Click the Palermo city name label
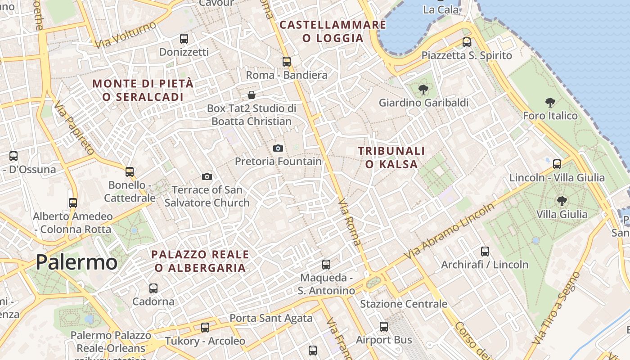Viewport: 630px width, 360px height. [x=76, y=262]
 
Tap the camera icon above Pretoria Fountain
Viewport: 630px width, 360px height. [x=278, y=148]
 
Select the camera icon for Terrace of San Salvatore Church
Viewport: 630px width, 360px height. [x=207, y=176]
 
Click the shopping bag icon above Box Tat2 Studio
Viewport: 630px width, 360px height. [x=252, y=95]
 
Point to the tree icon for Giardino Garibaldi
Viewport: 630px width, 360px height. [x=423, y=90]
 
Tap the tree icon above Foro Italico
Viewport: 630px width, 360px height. [x=550, y=103]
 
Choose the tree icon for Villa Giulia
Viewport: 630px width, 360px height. [x=562, y=201]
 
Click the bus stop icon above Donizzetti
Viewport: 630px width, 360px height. [x=184, y=39]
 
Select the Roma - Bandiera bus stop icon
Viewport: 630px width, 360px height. [x=287, y=62]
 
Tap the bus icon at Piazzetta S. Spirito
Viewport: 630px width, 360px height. [x=467, y=42]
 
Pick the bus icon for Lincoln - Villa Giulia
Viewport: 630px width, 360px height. [x=557, y=164]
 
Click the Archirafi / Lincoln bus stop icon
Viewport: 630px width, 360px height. [x=485, y=252]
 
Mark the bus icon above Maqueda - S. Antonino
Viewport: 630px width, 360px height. [x=326, y=265]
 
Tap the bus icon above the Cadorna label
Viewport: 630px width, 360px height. [x=153, y=288]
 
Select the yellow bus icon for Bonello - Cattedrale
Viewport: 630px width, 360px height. [x=130, y=171]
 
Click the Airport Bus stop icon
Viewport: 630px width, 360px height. [x=383, y=327]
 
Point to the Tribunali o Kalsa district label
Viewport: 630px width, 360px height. [x=391, y=157]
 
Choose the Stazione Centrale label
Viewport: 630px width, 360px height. [x=404, y=304]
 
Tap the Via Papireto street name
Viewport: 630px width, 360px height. [x=74, y=128]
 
